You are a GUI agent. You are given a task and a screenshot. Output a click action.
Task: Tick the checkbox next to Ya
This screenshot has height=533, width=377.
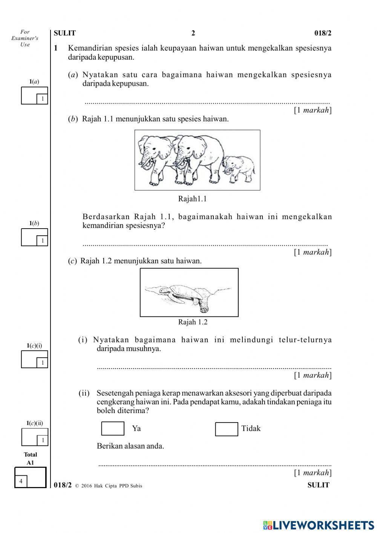(x=113, y=429)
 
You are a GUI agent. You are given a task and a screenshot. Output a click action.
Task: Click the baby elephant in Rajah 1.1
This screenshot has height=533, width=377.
(x=239, y=169)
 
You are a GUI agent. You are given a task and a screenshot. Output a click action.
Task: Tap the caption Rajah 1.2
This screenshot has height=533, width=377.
(x=193, y=322)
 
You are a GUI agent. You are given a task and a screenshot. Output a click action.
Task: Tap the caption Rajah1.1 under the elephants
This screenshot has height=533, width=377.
(x=192, y=199)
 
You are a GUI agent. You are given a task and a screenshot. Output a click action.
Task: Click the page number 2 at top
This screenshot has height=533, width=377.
(x=193, y=33)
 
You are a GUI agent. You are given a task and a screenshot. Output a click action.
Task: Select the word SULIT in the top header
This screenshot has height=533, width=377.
(x=65, y=33)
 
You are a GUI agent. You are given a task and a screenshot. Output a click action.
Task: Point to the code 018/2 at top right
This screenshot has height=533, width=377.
(x=323, y=33)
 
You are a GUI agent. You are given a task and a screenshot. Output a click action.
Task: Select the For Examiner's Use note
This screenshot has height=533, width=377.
(x=25, y=38)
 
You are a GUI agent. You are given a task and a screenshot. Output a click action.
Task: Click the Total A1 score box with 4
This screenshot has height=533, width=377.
(x=30, y=478)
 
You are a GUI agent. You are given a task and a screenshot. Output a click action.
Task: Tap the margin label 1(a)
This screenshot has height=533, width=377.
(x=34, y=81)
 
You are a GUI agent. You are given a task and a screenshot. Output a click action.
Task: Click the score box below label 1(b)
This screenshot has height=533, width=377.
(x=34, y=237)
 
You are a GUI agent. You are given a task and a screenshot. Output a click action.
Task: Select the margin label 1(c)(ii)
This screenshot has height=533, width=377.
(x=34, y=423)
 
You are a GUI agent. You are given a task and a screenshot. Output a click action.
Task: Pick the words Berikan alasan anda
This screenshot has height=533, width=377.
(x=130, y=446)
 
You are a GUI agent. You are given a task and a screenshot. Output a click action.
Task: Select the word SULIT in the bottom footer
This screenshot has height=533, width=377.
(x=318, y=485)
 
